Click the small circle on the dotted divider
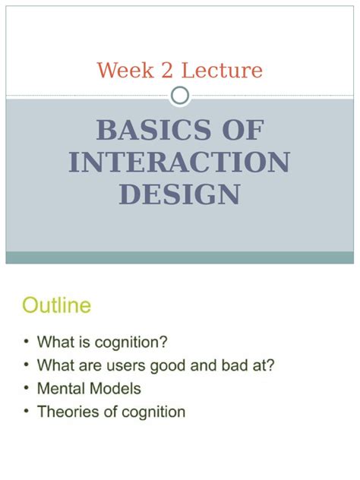(x=180, y=96)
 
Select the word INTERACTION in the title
(x=179, y=163)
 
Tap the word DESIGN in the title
(x=179, y=194)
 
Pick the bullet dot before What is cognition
(x=27, y=342)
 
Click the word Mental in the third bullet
(x=58, y=389)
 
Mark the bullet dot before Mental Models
(x=27, y=389)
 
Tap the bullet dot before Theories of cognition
(x=27, y=412)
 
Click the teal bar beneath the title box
(x=179, y=257)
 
